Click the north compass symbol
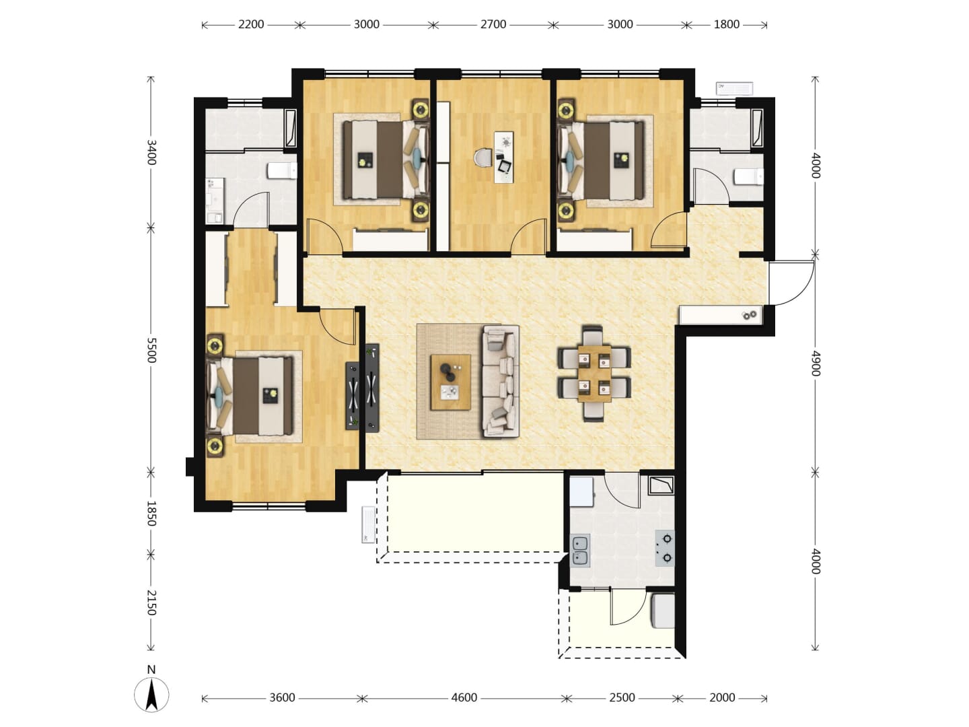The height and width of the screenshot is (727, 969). [x=151, y=693]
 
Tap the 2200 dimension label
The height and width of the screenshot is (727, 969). [x=251, y=24]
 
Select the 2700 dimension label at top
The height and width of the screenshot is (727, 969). [x=493, y=24]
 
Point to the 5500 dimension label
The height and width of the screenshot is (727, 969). [x=151, y=350]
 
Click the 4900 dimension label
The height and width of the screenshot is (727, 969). [x=816, y=363]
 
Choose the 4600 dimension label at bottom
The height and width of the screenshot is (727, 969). [x=464, y=697]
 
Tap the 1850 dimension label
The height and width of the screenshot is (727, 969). [x=151, y=514]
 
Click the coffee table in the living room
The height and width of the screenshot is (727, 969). [x=451, y=382]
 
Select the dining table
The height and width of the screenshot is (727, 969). [x=595, y=374]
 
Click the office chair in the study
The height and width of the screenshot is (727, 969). [x=482, y=158]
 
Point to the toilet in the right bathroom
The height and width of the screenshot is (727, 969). [x=749, y=176]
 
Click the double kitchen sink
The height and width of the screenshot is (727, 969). [x=580, y=551]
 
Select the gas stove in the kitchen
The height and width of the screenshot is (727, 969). [x=664, y=548]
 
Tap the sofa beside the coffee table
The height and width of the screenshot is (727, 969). [x=501, y=382]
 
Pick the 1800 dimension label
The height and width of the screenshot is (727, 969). [x=726, y=24]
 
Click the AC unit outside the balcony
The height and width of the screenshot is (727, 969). [x=368, y=525]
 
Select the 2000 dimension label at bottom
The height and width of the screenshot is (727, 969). [x=722, y=697]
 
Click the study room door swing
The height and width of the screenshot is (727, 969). [x=528, y=237]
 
